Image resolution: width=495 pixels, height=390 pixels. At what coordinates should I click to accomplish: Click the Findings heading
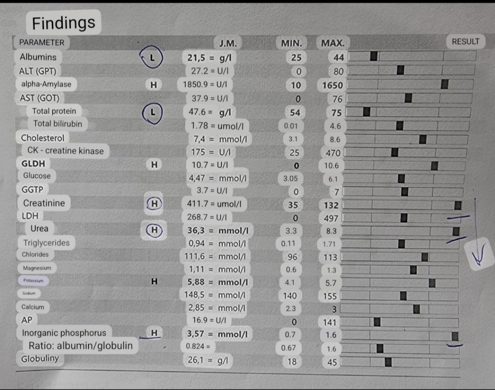click(x=63, y=22)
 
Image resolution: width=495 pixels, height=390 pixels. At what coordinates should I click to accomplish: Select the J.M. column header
click(x=228, y=43)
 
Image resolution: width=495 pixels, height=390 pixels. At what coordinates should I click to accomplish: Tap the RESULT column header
click(x=465, y=42)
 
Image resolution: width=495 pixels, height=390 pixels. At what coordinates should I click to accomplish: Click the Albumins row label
click(x=38, y=57)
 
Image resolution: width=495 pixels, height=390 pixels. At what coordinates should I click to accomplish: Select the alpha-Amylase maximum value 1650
click(x=333, y=85)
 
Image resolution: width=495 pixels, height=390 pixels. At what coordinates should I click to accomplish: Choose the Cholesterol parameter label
click(x=43, y=138)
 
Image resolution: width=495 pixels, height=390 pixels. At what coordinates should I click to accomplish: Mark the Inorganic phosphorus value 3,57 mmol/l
click(x=217, y=334)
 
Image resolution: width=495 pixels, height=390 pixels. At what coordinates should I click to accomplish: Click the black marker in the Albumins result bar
click(x=374, y=56)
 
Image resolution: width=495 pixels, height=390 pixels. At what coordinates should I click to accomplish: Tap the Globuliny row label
click(x=40, y=358)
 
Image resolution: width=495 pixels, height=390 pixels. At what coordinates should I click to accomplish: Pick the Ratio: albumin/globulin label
click(x=80, y=346)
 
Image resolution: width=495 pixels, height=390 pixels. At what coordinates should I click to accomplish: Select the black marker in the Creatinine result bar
click(x=458, y=206)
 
